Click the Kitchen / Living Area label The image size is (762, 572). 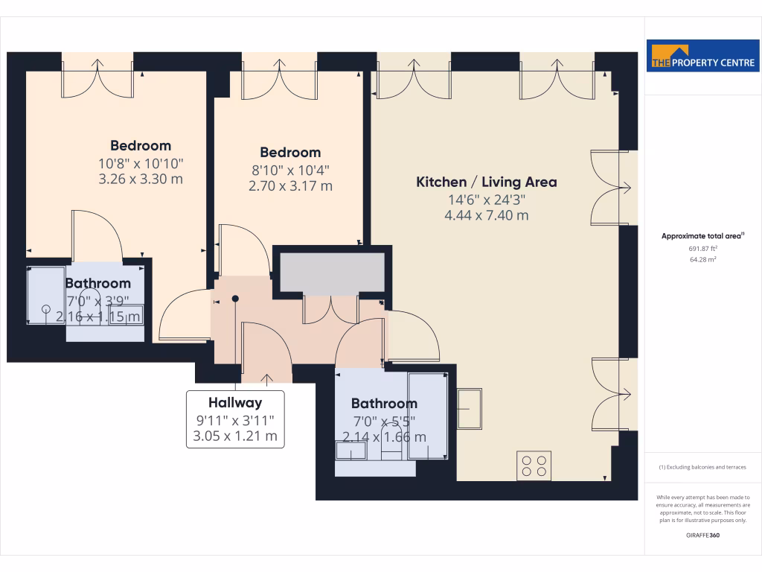click(486, 182)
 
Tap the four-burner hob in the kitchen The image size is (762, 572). click(534, 465)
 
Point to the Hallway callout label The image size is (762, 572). click(235, 403)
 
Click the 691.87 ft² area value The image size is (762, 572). click(702, 248)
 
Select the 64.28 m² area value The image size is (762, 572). click(702, 260)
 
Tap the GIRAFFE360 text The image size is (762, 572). click(702, 536)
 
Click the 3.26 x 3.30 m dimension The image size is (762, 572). click(141, 179)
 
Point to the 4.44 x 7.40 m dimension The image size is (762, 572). click(486, 216)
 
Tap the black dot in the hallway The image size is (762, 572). click(235, 299)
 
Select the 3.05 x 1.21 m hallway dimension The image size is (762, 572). click(235, 436)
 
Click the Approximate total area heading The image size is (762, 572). click(702, 236)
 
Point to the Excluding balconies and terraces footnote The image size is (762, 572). click(702, 468)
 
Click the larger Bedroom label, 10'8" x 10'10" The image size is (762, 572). click(141, 145)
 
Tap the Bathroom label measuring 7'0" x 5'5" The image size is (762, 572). click(384, 403)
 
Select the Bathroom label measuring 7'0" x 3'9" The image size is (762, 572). click(97, 283)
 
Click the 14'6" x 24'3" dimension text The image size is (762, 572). click(486, 200)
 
